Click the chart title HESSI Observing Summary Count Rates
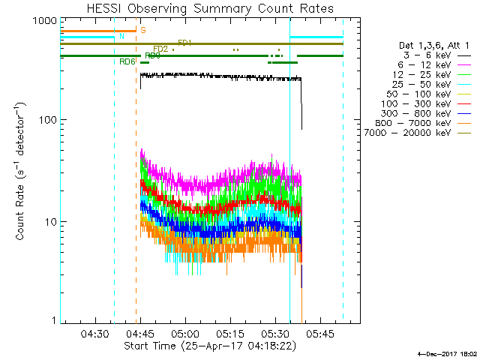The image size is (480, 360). pos(200,8)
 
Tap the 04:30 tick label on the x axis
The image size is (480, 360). pos(94,334)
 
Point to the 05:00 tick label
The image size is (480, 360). pos(184,334)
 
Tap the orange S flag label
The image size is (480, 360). pos(142,30)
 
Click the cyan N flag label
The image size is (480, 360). pos(121,36)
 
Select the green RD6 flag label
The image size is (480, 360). pos(127,61)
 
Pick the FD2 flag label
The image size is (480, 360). pos(160,49)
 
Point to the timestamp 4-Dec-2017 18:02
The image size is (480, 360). pos(448,352)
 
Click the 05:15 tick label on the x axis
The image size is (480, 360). pos(229,334)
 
